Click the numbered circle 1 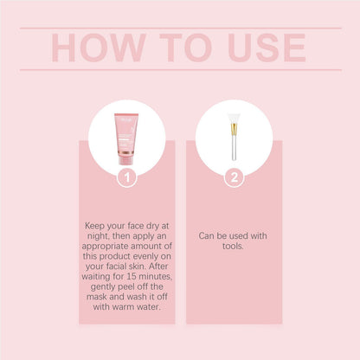[127, 177]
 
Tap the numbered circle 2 [234, 177]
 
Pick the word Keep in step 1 [96, 225]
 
